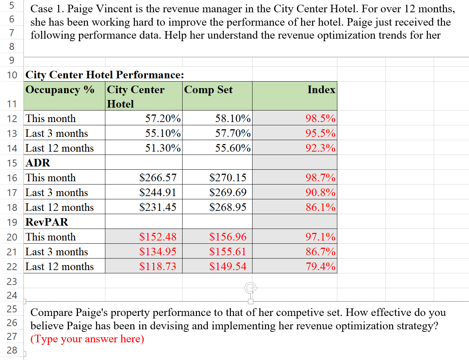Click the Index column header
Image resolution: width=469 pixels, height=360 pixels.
coord(321,90)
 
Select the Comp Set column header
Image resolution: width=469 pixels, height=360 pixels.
coord(208,90)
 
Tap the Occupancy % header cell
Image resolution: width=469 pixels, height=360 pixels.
coord(60,90)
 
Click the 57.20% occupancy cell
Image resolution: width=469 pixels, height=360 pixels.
coord(163,118)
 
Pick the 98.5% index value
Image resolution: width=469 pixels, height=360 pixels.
coord(320,118)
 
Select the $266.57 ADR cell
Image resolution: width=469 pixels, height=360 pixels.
coord(158,178)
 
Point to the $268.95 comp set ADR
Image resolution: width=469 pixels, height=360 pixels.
coord(228,207)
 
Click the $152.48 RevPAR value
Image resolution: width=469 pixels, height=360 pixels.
coord(158,237)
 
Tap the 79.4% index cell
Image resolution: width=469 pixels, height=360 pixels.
coord(320,266)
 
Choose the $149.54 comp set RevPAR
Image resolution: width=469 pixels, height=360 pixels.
coord(228,266)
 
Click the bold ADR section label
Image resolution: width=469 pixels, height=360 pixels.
coord(38,163)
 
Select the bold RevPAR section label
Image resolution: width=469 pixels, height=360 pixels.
coord(47,222)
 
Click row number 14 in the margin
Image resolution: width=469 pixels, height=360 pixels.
coord(12,148)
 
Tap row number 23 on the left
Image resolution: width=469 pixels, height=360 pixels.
coord(12,281)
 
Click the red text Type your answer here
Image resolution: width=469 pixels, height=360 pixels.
coord(87,339)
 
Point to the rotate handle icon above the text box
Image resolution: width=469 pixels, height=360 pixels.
coord(251,288)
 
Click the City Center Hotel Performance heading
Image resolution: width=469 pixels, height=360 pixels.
coord(105,75)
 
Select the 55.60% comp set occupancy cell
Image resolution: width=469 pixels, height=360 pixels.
coord(233,148)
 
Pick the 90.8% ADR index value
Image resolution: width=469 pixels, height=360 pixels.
coord(320,192)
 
